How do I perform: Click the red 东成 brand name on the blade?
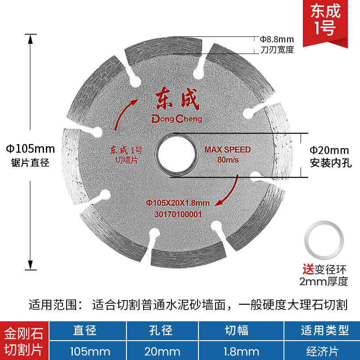pos(176,99)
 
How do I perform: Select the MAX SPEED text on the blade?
pos(227,149)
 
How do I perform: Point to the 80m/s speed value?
pos(227,160)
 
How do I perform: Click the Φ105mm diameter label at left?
pos(30,148)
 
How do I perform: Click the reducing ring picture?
pos(324,243)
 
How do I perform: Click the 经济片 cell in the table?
pos(325,351)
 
